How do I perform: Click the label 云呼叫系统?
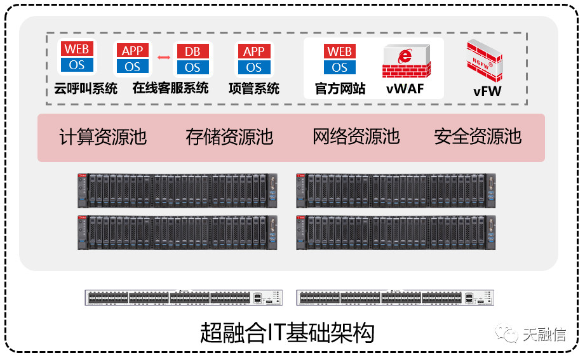[x=86, y=89]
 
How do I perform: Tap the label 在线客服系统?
[x=170, y=89]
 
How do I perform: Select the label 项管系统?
[x=254, y=89]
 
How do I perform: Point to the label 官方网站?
[x=340, y=89]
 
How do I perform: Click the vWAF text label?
[x=405, y=89]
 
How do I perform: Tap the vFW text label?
[x=487, y=91]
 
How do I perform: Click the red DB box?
[x=192, y=51]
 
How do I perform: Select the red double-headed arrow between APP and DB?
[x=164, y=58]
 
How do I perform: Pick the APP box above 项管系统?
[x=254, y=51]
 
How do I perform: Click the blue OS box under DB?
[x=192, y=67]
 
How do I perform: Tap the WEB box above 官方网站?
[x=340, y=51]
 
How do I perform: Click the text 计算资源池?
[x=103, y=137]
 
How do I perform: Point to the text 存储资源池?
[x=229, y=137]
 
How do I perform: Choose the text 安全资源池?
[x=478, y=137]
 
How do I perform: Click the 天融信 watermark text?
[x=544, y=335]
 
